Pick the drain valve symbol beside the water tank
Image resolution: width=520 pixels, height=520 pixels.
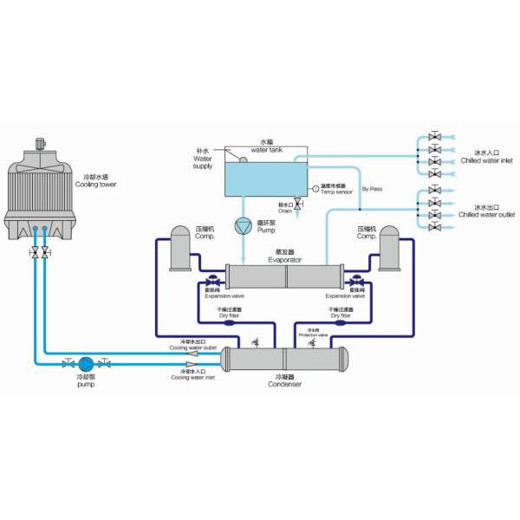tap(298, 202)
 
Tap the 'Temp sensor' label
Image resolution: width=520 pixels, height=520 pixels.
tap(335, 192)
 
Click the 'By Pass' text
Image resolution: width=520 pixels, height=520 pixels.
tap(371, 188)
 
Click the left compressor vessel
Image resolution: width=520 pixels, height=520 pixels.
tap(181, 247)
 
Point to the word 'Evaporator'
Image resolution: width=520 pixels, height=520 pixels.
tap(284, 259)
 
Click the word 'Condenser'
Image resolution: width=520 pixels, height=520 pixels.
tap(284, 384)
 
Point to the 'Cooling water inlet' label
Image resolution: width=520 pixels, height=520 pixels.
tap(192, 377)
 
